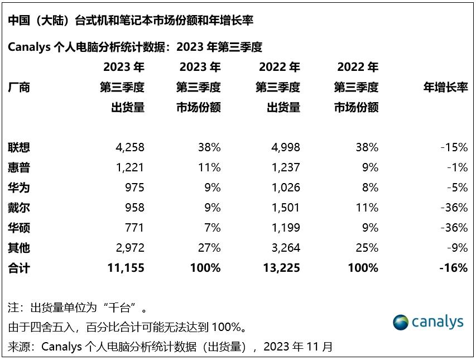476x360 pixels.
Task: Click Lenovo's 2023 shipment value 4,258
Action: click(130, 147)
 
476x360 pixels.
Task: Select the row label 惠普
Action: click(19, 167)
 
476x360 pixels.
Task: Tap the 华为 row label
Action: click(19, 188)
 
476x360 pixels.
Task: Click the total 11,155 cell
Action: click(126, 268)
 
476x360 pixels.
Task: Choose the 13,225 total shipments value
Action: click(281, 268)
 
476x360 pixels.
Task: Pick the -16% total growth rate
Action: click(453, 268)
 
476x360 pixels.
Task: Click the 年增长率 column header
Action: click(445, 87)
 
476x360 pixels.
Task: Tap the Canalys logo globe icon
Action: click(400, 323)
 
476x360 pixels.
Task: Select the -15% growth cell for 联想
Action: click(454, 147)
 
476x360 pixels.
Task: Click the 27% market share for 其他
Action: click(209, 248)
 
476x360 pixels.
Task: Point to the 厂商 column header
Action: click(19, 87)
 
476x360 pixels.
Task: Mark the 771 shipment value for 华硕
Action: click(134, 228)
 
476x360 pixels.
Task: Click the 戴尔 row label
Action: click(19, 208)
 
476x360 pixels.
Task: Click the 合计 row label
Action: click(19, 268)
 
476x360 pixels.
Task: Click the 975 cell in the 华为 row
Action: click(134, 188)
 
